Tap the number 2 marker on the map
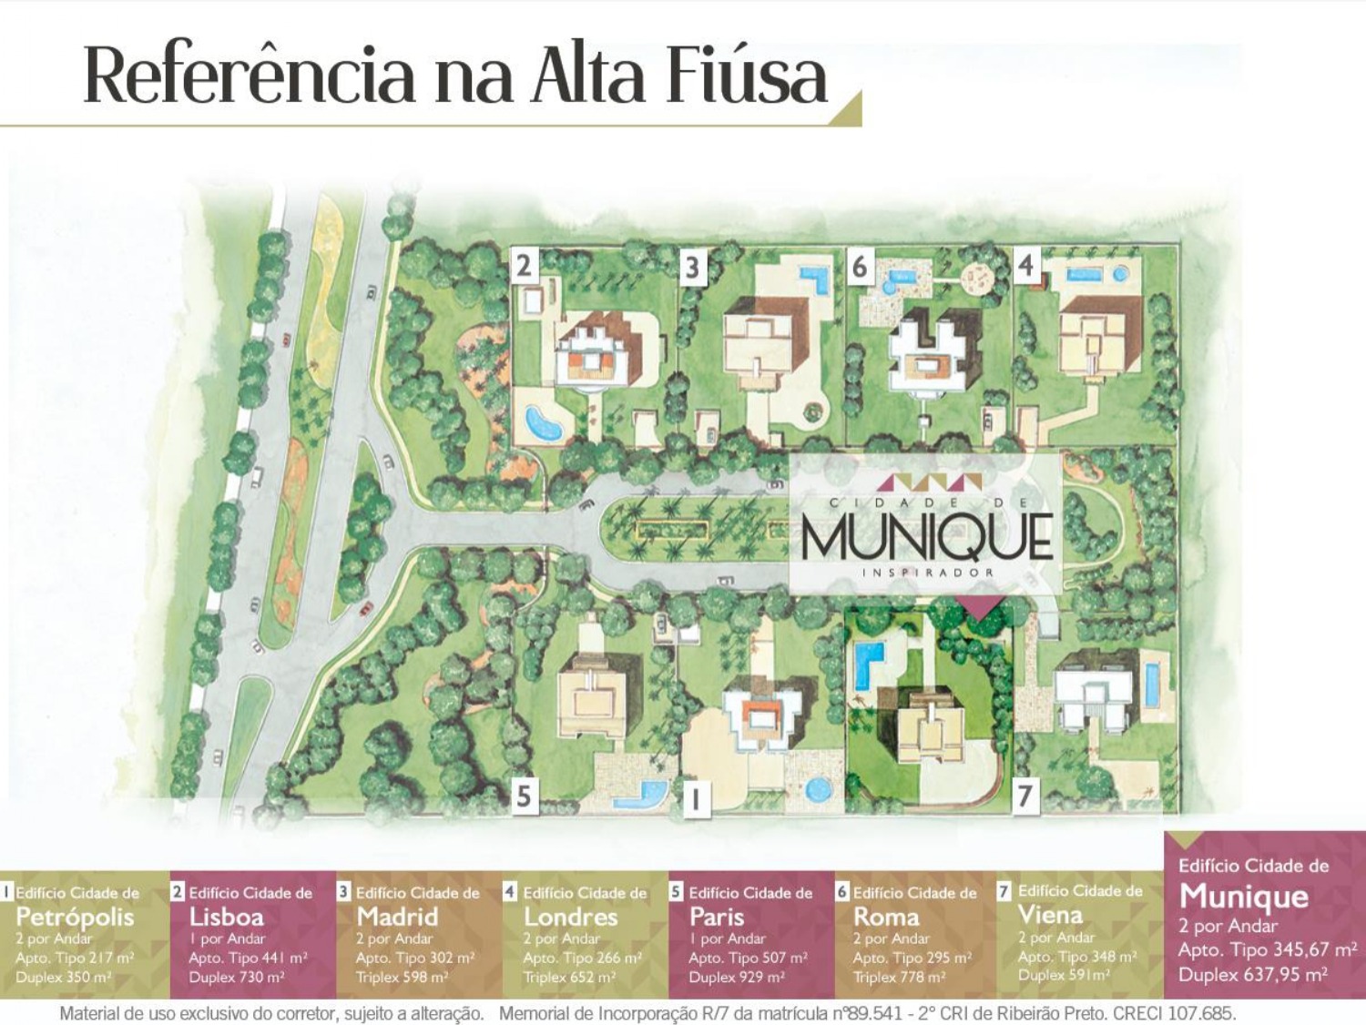[524, 266]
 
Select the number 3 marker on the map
[693, 268]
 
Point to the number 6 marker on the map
[860, 267]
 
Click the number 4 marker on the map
[1026, 265]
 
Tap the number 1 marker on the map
[695, 799]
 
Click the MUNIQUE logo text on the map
[926, 537]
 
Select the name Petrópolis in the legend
[75, 917]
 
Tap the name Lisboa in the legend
[226, 917]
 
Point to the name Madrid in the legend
[397, 917]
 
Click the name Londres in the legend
[570, 917]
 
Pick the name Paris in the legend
[717, 917]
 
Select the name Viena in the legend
[1050, 915]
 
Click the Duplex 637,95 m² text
[1253, 975]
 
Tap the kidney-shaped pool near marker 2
[543, 423]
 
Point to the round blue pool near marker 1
[817, 788]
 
